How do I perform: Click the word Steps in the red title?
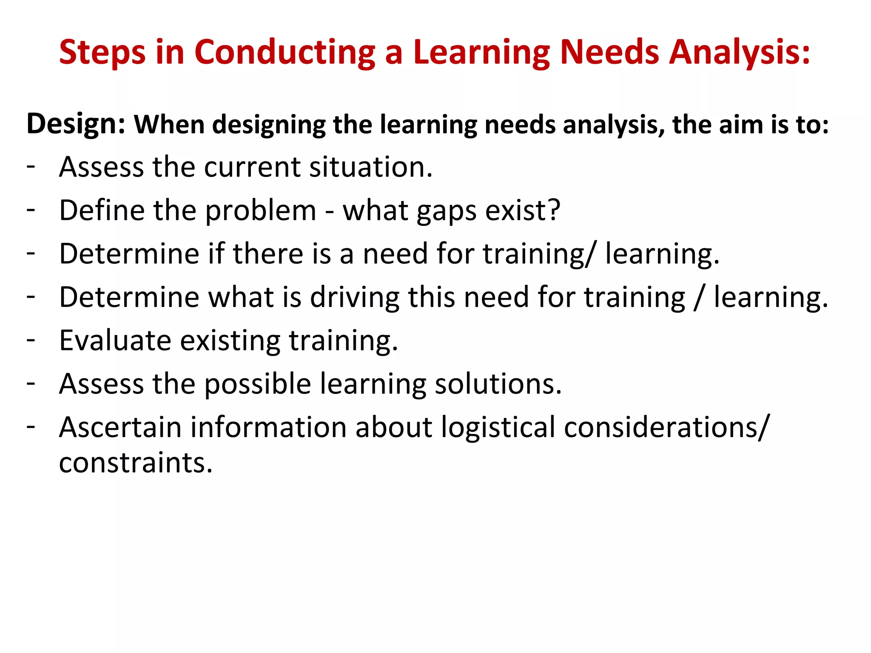coord(102,53)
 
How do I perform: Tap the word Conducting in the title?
coord(285,53)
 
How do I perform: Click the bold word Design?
coord(76,124)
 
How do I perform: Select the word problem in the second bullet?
coord(261,211)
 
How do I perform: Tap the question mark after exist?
coord(554,210)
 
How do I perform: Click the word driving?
coord(355,297)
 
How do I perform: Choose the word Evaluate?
coord(115,341)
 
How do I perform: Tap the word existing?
coord(230,341)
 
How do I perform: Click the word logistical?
coord(498,427)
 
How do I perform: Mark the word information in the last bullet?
coord(268,427)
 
